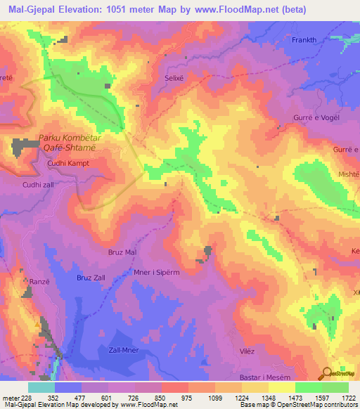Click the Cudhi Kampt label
click(68, 163)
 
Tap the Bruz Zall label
click(91, 278)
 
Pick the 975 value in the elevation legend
click(187, 398)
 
